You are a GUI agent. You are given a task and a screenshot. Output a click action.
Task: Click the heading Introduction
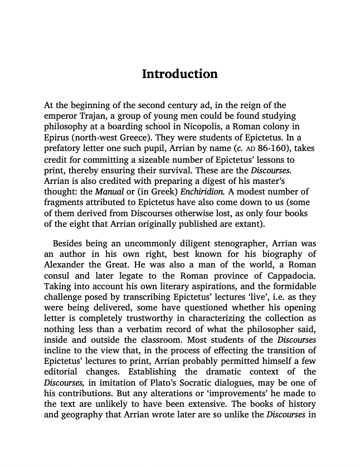[x=179, y=74]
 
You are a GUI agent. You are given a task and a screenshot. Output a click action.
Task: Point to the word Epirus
[x=57, y=137]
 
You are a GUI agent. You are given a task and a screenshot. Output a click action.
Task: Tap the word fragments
[x=66, y=203]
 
